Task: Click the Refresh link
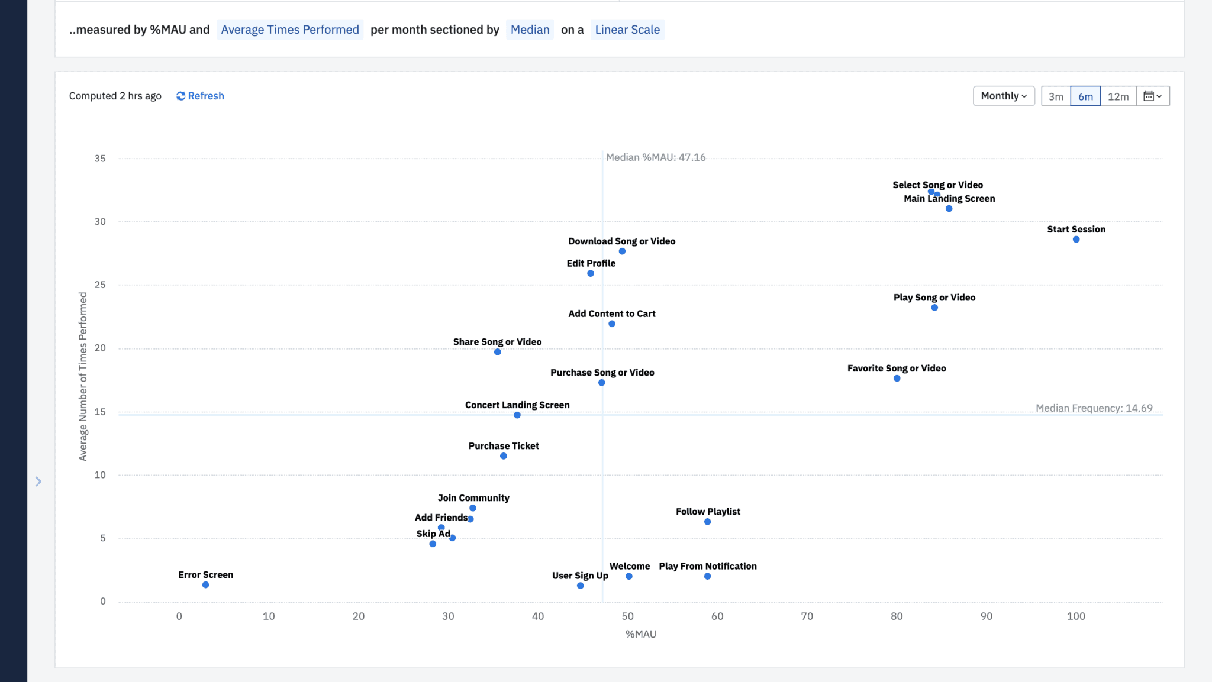pos(200,96)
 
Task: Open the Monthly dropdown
pos(1003,96)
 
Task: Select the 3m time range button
pos(1056,96)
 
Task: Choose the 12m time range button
pos(1118,96)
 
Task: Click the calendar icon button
pos(1152,96)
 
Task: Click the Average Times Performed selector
pos(290,30)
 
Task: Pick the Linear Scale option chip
pos(627,30)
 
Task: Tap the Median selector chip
pos(530,30)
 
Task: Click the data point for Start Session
pos(1076,240)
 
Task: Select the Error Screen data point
pos(205,585)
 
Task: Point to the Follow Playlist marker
pos(707,522)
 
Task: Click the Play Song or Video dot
pos(934,308)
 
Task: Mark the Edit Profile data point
pos(591,273)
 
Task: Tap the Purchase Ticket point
pos(503,456)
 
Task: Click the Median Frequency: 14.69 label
pos(1094,408)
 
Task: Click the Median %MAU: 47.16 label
pos(655,157)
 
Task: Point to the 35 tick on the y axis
pos(100,159)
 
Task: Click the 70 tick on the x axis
pos(807,616)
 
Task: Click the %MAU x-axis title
pos(640,634)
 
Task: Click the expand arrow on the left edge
pos(38,481)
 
